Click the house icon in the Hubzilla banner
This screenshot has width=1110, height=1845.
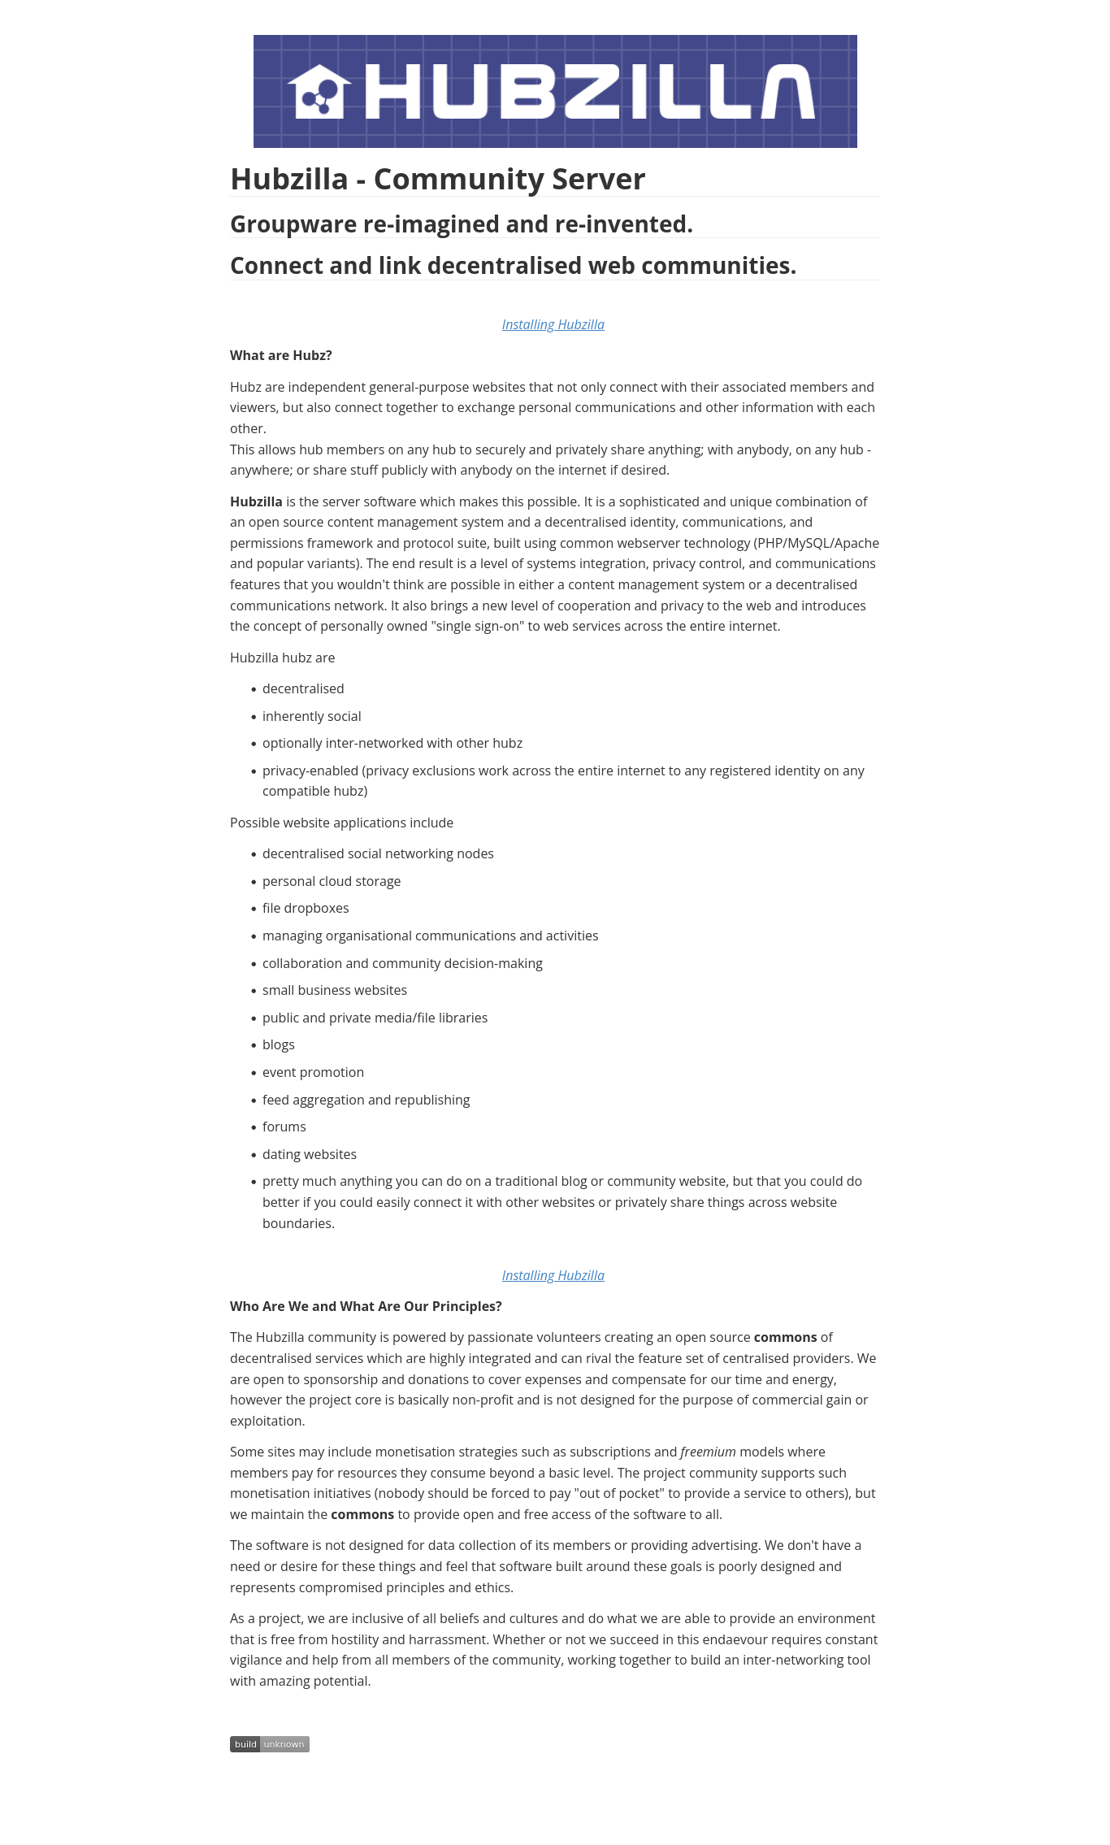319,92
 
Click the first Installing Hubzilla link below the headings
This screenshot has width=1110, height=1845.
553,324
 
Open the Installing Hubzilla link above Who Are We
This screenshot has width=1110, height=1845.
553,1275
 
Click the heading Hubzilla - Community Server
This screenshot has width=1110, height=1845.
437,179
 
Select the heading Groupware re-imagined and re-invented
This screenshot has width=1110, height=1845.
461,224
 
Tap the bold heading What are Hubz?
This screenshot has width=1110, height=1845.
280,355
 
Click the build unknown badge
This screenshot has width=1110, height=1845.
269,1744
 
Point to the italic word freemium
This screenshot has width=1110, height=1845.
708,1452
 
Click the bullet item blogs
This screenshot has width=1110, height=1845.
278,1044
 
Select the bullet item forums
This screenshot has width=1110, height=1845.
284,1127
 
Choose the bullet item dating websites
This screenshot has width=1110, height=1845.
309,1154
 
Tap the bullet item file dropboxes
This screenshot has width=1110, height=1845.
305,908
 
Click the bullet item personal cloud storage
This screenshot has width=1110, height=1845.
331,881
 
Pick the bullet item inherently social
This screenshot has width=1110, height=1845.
311,716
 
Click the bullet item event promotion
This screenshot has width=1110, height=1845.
313,1072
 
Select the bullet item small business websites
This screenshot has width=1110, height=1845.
334,990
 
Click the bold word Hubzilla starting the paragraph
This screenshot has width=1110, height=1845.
256,501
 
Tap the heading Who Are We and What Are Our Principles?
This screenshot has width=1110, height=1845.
366,1306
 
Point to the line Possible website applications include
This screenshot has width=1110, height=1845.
341,823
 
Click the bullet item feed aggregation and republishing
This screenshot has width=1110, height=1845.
366,1100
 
